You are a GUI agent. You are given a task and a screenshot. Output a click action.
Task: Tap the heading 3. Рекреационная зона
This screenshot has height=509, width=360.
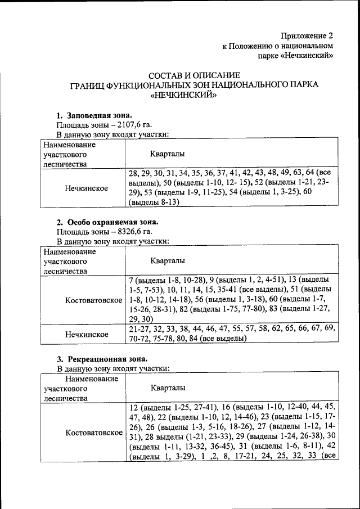(103, 358)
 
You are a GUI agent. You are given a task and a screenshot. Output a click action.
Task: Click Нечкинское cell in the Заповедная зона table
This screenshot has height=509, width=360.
(86, 188)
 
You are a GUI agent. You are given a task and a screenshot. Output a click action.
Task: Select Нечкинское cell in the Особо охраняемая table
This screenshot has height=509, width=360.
(86, 334)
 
